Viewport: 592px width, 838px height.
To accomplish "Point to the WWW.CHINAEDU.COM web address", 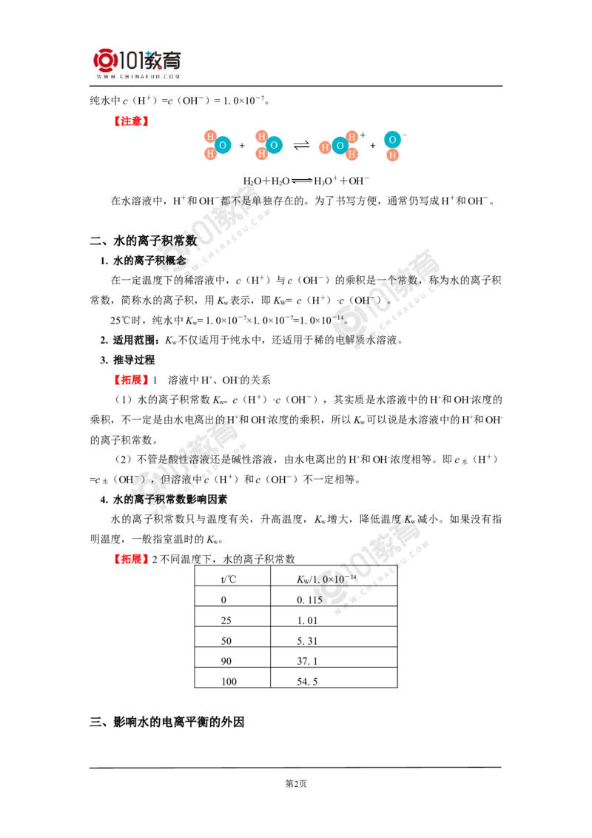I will click(x=138, y=76).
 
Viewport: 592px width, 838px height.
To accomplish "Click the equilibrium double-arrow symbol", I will click(x=301, y=181).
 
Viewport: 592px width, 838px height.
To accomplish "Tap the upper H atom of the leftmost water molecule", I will click(x=210, y=136).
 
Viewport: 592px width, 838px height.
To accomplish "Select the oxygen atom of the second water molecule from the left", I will click(x=274, y=144).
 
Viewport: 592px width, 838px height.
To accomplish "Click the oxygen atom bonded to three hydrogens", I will click(x=340, y=146).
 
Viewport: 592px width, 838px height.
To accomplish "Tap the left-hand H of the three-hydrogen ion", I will click(x=324, y=147).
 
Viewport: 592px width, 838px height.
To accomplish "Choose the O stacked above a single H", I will click(x=393, y=139).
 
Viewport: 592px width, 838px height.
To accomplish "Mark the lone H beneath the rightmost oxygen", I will click(x=393, y=155).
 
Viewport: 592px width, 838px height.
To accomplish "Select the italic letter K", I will click(x=408, y=520).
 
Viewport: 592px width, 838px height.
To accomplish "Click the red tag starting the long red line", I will click(x=130, y=121).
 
